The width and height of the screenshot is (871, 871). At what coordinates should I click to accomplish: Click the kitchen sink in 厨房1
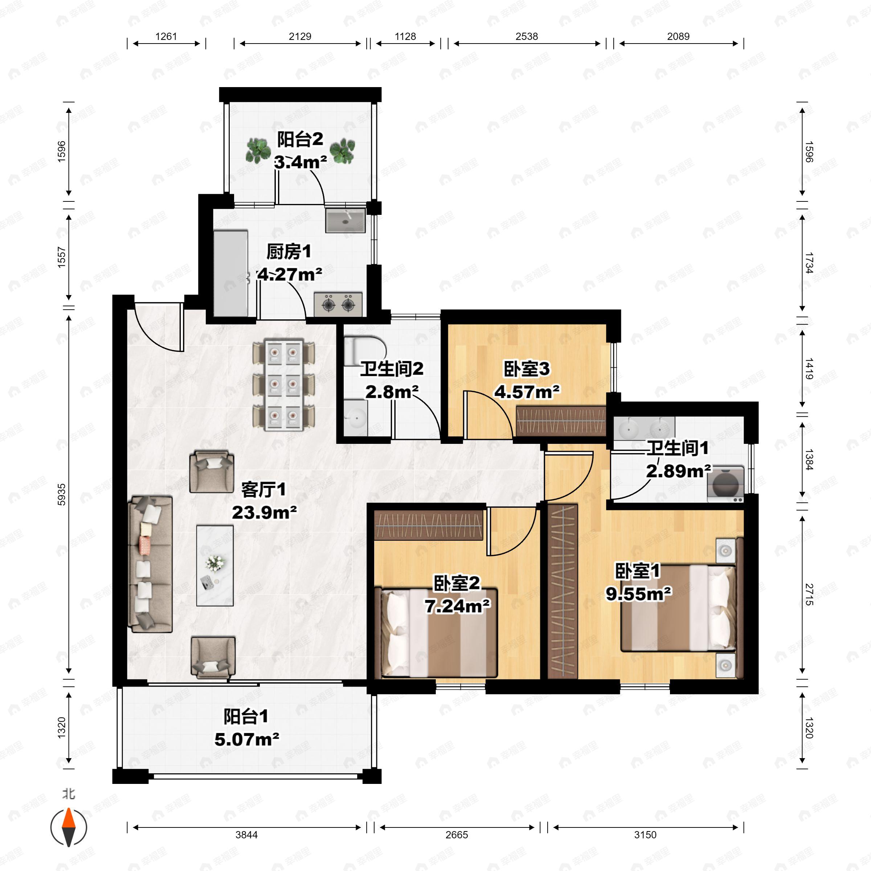point(345,220)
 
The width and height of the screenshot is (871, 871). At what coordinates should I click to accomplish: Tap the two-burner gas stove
point(338,304)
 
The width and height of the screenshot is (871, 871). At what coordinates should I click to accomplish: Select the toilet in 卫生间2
point(364,350)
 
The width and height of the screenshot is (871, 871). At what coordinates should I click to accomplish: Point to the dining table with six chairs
point(283,386)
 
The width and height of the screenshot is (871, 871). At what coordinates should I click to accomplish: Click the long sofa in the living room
point(151,564)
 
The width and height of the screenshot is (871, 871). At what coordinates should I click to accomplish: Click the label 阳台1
point(246,716)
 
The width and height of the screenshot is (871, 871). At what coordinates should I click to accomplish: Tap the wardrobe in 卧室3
point(560,421)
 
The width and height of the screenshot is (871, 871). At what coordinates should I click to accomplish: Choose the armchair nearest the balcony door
point(213,657)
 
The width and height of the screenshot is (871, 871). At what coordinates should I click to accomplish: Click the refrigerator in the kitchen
point(231,273)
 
